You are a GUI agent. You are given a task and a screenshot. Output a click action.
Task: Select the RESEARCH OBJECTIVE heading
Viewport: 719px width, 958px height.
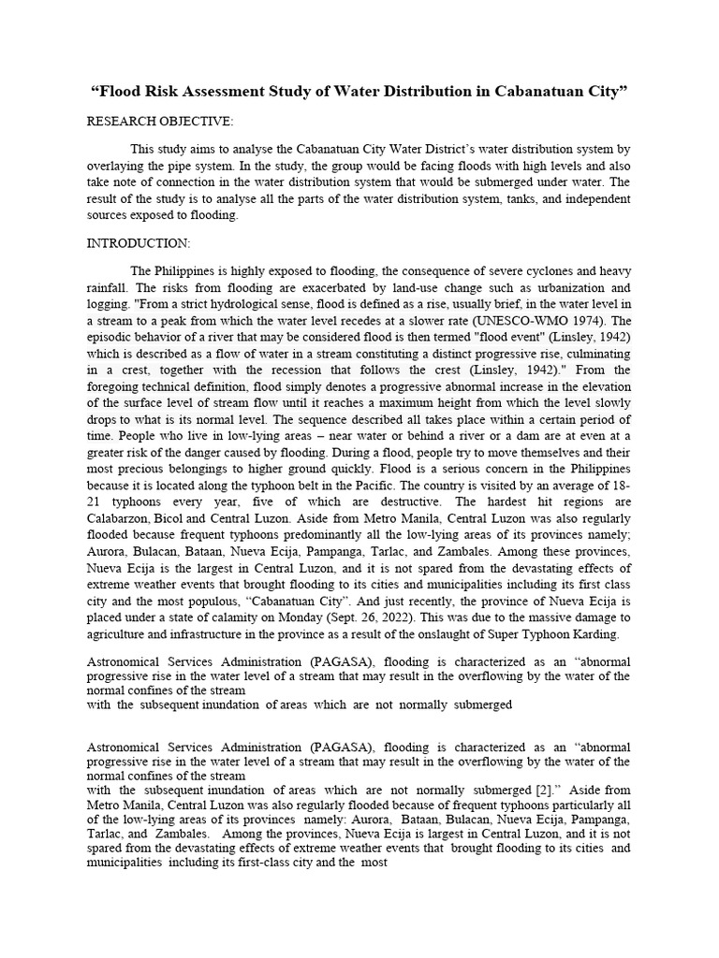(160, 122)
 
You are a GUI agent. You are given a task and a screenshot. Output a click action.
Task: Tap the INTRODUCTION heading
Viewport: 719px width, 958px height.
(139, 243)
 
